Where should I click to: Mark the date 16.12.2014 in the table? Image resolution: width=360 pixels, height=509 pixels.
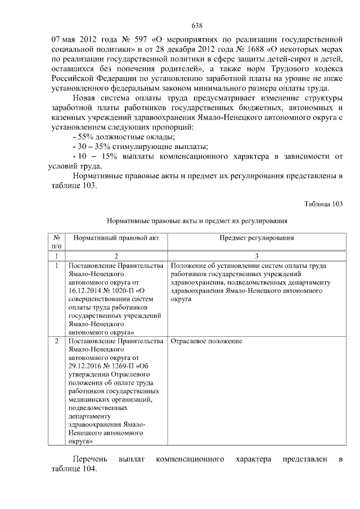85,291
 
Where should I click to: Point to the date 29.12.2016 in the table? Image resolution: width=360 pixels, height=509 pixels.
85,365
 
